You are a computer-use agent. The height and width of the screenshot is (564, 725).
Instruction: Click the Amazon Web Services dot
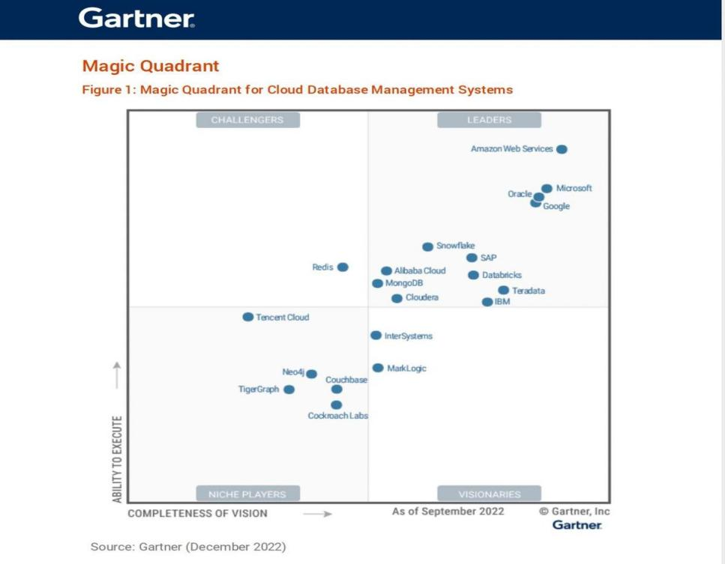point(562,149)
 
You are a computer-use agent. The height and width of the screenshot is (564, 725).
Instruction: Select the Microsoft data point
point(547,189)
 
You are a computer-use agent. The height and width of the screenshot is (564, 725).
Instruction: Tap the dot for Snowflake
point(427,246)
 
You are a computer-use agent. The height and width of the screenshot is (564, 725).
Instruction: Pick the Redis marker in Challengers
point(343,267)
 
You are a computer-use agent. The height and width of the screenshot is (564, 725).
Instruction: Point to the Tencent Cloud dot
point(248,317)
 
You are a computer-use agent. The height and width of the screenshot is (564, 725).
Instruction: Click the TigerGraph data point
point(289,389)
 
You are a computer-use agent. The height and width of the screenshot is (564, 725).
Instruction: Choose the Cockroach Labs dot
point(337,405)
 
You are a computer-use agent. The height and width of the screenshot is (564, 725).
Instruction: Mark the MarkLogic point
point(378,368)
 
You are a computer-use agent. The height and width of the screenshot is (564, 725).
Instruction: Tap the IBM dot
point(487,302)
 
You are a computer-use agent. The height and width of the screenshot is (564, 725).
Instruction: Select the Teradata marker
point(504,290)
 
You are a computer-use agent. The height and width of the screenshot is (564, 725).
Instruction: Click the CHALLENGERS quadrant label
point(247,120)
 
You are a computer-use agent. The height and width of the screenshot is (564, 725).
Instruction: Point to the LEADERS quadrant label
point(489,120)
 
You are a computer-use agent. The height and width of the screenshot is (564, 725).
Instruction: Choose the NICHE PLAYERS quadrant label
point(247,494)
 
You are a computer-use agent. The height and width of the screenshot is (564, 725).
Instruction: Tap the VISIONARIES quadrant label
point(489,494)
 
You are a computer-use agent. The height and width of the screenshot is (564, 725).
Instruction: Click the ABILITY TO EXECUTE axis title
point(117,458)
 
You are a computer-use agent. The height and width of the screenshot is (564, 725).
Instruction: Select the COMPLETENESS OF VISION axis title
point(197,513)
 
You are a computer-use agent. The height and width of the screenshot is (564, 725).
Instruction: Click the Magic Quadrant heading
point(151,66)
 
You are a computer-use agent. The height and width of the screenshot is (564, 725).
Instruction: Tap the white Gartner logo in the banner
point(136,19)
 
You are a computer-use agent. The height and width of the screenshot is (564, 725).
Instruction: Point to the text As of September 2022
point(448,512)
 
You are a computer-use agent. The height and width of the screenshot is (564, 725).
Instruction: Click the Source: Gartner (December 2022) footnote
point(188,547)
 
